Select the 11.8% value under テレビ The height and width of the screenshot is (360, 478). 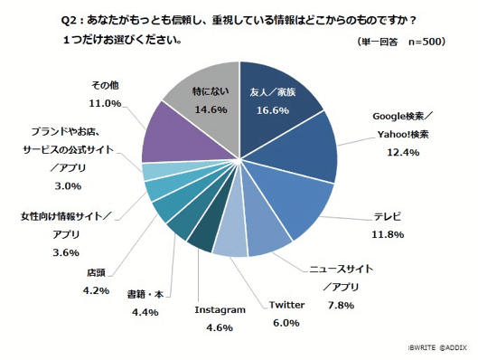(x=389, y=234)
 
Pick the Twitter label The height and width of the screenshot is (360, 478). (x=286, y=305)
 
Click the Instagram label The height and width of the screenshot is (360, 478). (x=220, y=309)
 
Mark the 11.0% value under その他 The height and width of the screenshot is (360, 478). (x=106, y=103)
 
